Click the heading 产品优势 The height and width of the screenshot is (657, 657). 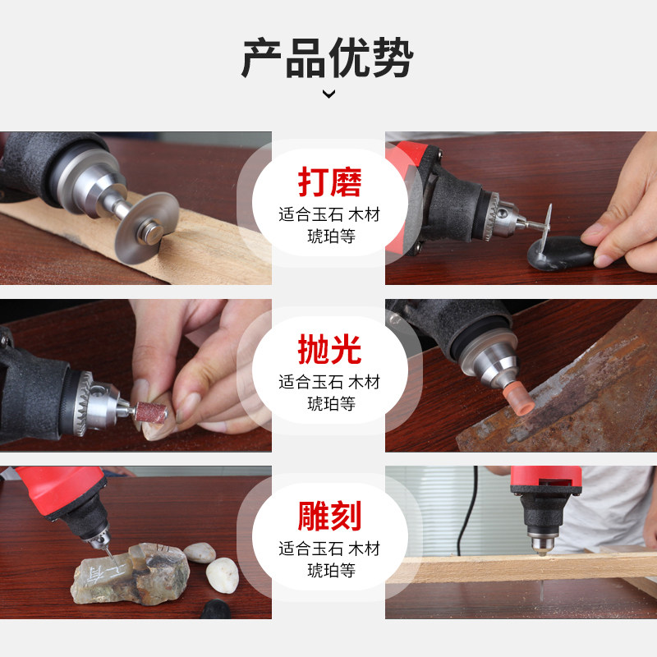pos(328,57)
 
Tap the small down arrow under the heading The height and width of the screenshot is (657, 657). pos(328,94)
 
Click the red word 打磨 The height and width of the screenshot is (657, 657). pos(328,182)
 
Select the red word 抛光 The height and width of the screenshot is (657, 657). pos(328,350)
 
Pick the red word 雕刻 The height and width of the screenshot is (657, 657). pos(328,517)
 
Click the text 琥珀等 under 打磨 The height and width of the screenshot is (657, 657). pos(328,240)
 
